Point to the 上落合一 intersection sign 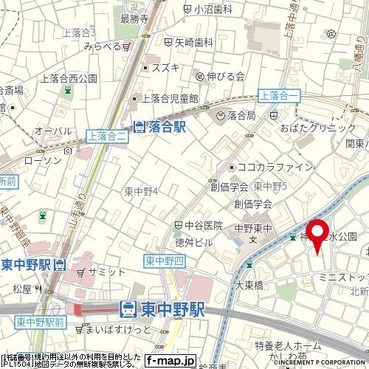tap(278, 94)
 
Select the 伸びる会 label tap(222, 75)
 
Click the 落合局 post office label tap(236, 115)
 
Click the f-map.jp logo tap(170, 361)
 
